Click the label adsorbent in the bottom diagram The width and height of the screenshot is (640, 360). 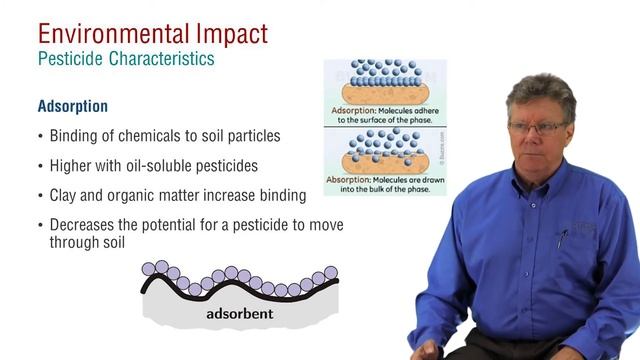pyautogui.click(x=239, y=315)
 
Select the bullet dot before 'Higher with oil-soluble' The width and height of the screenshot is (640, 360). pyautogui.click(x=40, y=166)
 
